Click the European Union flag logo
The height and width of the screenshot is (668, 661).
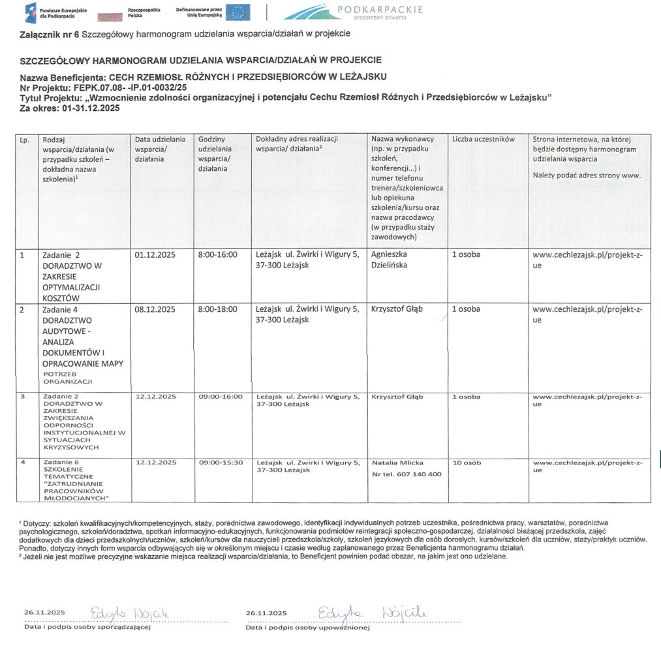click(238, 12)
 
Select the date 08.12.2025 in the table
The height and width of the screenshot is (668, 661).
click(155, 309)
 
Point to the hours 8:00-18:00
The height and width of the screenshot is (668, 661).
click(217, 309)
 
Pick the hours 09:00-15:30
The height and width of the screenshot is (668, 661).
click(221, 463)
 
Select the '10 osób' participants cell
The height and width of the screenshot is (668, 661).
click(467, 463)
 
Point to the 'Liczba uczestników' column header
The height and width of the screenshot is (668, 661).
click(483, 140)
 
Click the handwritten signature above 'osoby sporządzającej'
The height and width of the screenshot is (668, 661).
click(131, 612)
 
